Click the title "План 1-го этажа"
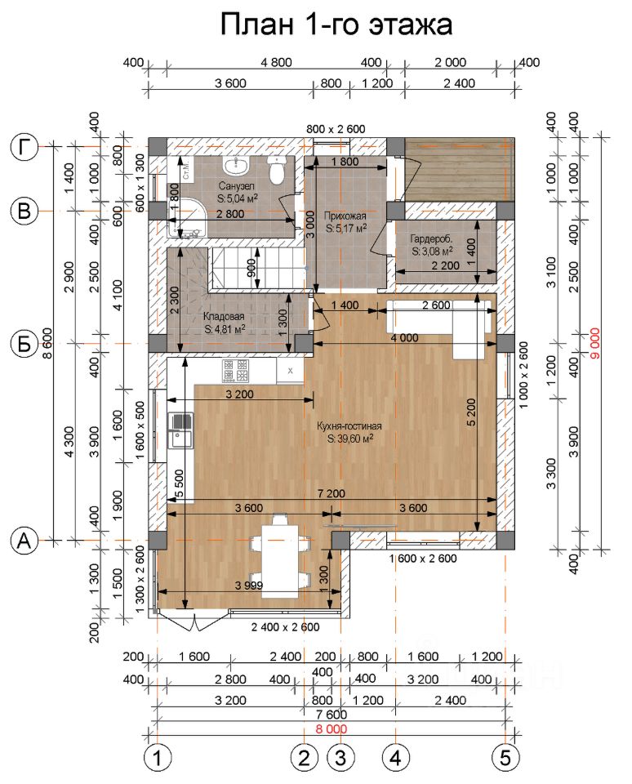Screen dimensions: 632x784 point(336,24)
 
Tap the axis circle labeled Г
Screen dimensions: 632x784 point(24,147)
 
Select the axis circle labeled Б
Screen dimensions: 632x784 point(24,344)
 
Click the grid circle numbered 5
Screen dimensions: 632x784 point(505,757)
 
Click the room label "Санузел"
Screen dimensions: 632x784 point(236,185)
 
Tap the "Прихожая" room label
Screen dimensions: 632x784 point(345,216)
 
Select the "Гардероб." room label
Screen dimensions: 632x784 point(433,240)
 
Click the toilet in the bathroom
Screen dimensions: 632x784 point(277,173)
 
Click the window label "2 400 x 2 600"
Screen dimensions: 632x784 point(285,627)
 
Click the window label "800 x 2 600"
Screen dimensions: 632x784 point(336,129)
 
